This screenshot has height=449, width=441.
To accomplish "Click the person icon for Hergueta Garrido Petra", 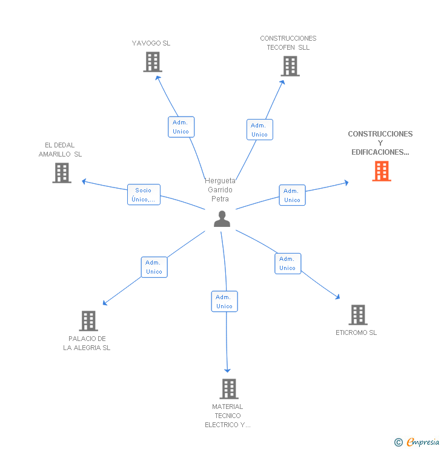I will point(222,219).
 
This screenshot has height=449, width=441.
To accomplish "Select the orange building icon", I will point(382,171).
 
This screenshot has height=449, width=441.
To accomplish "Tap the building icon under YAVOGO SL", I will point(153,62).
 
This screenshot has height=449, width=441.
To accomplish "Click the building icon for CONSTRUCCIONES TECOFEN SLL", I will point(290,66).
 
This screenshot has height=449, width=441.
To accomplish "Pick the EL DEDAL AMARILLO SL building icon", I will point(62,173).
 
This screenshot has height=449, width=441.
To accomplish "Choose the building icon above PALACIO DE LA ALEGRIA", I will point(88,321).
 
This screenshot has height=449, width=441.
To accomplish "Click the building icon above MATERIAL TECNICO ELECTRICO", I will point(228,389).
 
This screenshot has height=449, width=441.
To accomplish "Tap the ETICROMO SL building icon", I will point(358,315).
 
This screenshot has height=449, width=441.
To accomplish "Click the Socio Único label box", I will point(144,195).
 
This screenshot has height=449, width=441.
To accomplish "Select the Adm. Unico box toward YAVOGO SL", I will point(181,127).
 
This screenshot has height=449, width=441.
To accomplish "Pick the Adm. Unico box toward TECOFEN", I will point(259,130).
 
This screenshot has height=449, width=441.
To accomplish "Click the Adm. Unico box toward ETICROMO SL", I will point(288,263).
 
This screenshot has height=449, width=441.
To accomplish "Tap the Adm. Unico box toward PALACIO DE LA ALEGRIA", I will point(154,267).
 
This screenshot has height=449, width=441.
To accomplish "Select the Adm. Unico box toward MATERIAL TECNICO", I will point(224,302).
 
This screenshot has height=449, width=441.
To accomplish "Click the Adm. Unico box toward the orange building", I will point(292,195).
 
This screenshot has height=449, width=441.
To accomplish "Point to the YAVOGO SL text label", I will point(151,43).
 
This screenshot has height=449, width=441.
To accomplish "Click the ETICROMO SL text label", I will point(356,333).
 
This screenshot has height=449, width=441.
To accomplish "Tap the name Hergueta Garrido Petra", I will point(220,190).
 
